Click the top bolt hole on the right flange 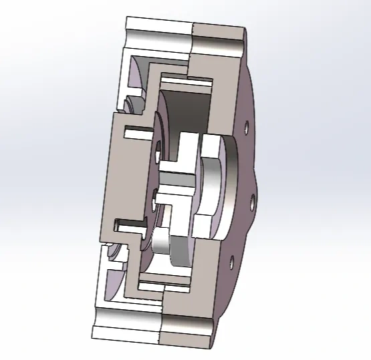point(247,126)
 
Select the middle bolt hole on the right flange point(251,198)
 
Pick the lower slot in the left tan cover point(129,224)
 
